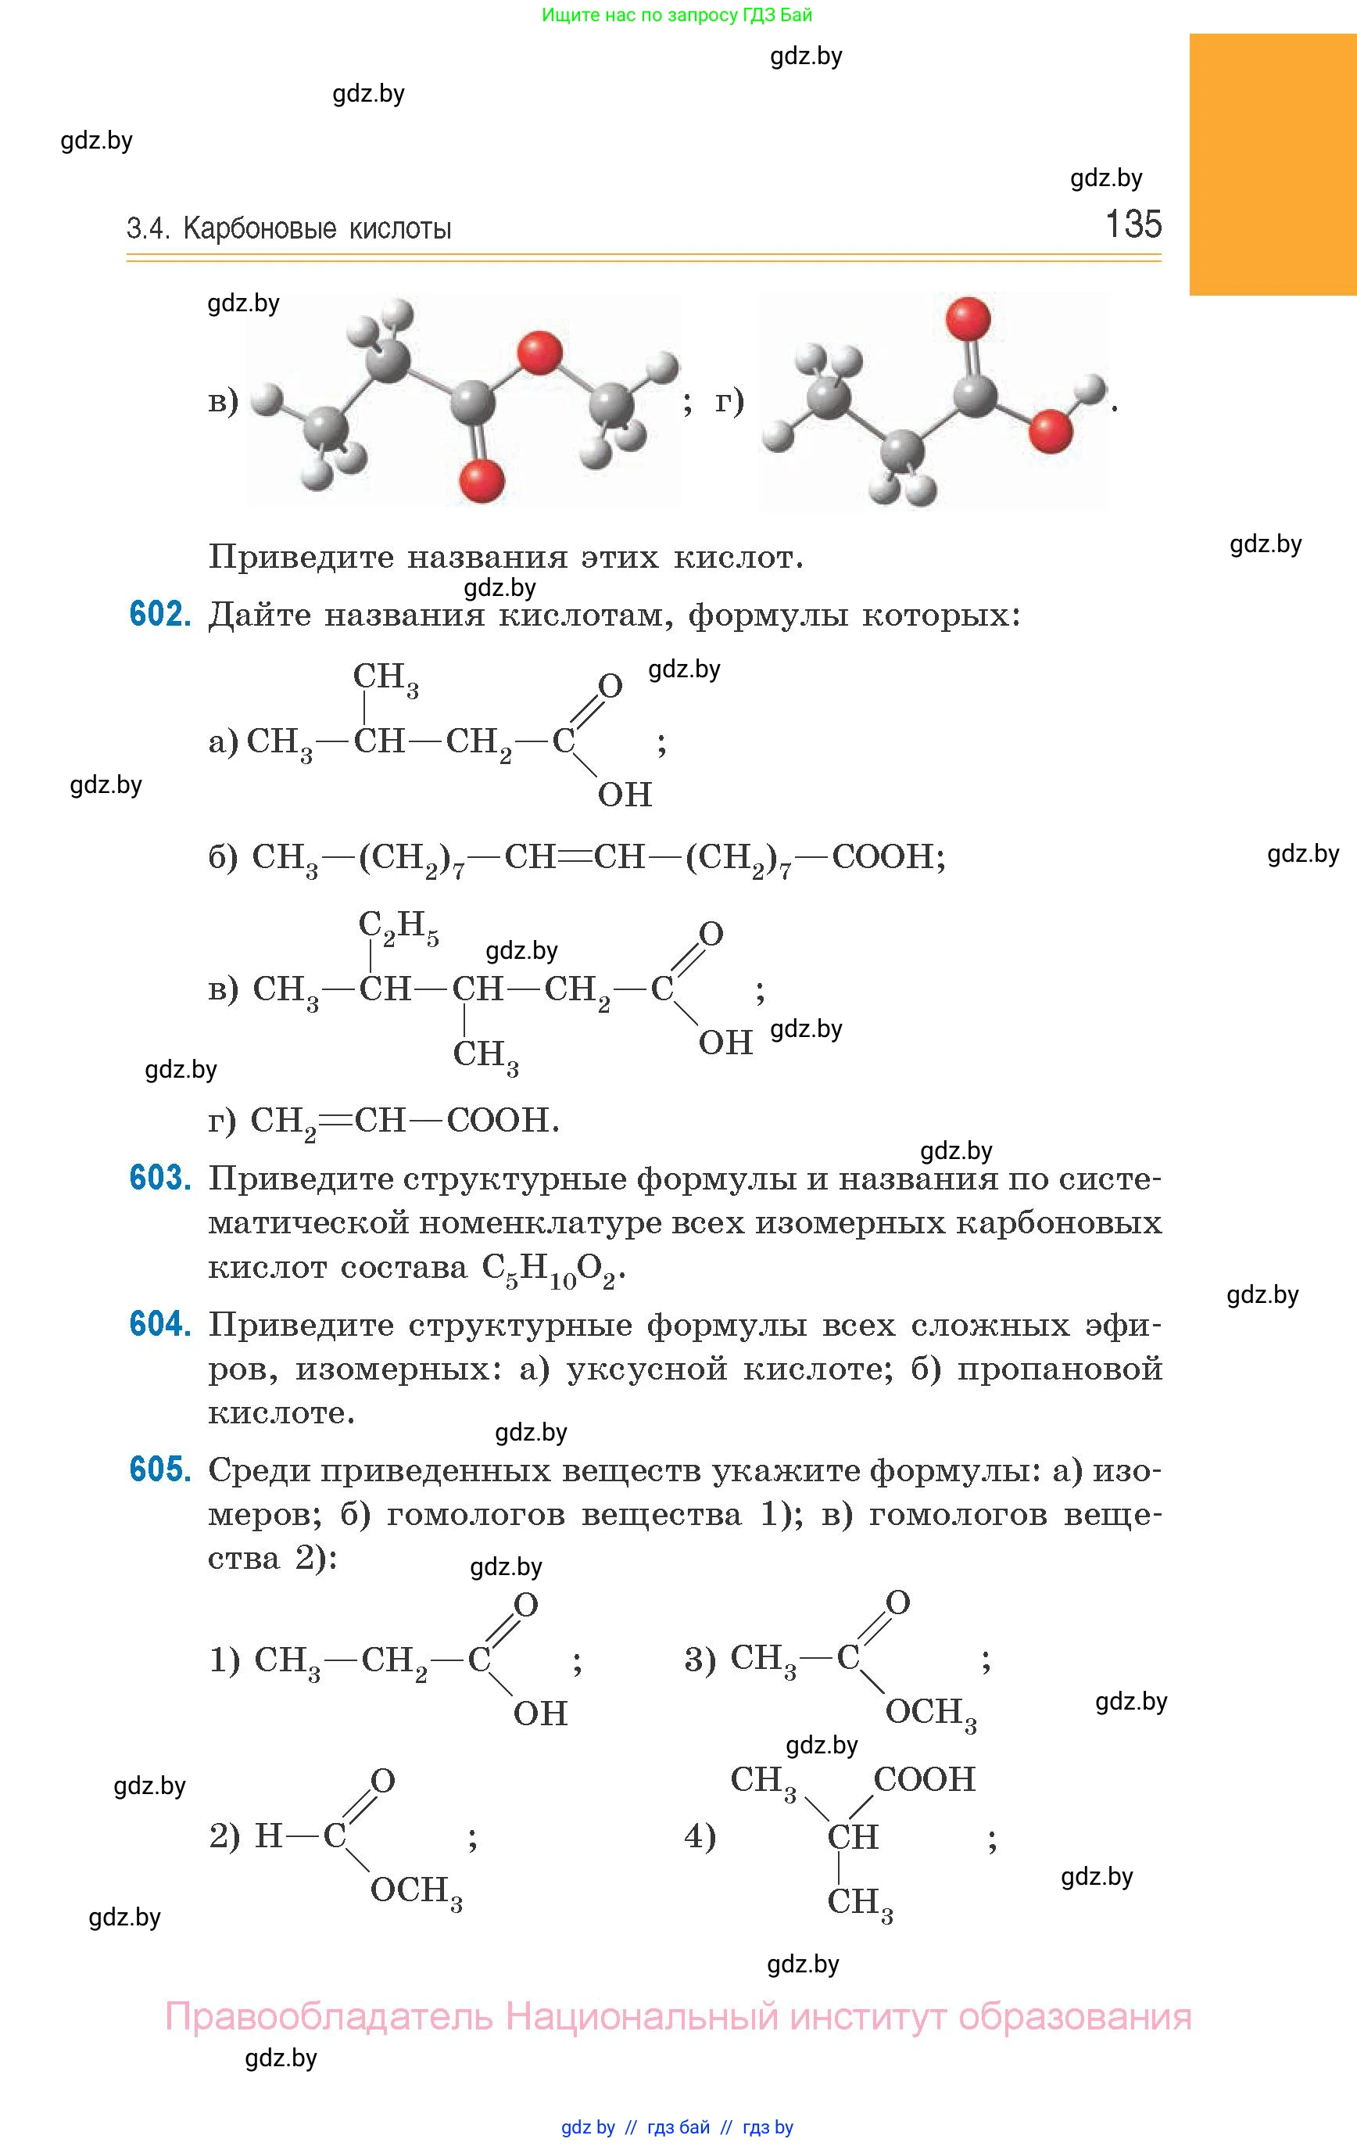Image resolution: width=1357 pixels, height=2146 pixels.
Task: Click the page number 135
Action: [x=1133, y=224]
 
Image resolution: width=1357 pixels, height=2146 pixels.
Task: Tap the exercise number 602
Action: [x=160, y=614]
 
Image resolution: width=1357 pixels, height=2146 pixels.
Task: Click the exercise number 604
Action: [x=160, y=1324]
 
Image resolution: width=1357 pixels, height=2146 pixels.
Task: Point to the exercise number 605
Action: [x=160, y=1470]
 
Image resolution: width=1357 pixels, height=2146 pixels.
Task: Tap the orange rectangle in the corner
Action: [x=1273, y=164]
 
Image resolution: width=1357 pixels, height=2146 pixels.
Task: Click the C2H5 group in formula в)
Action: [x=397, y=928]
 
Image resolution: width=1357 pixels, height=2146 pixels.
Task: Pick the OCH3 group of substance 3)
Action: [x=930, y=1712]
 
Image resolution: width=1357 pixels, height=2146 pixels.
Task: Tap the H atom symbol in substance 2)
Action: [x=268, y=1835]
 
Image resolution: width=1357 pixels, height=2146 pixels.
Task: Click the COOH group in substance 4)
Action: [x=924, y=1779]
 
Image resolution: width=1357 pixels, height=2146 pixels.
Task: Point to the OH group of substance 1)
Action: [x=540, y=1713]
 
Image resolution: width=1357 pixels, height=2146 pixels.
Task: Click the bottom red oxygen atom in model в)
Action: [x=482, y=480]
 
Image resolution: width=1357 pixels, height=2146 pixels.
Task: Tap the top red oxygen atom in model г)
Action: [x=969, y=319]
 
